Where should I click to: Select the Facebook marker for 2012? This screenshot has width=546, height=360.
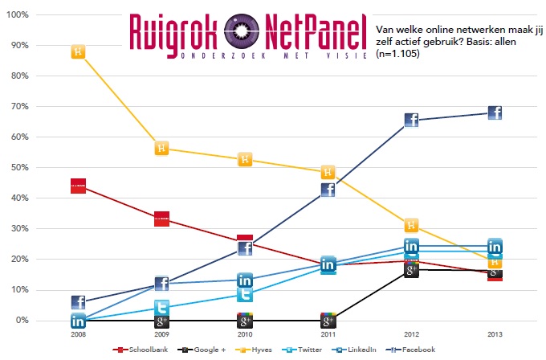coord(411,121)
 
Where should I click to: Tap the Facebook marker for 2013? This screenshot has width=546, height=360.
coord(495,113)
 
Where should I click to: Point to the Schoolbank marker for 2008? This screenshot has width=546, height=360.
coord(78,186)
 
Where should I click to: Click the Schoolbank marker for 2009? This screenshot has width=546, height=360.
coord(161,219)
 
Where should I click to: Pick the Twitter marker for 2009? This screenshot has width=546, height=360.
coord(161,308)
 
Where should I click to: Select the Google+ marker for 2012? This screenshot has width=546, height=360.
coord(411,270)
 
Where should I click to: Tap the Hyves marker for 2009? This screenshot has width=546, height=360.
coord(161,148)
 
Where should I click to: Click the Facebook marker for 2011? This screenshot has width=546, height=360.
coord(328,190)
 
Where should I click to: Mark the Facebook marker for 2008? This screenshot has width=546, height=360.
coord(78,302)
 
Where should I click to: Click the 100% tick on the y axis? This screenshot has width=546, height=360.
coord(18,15)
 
